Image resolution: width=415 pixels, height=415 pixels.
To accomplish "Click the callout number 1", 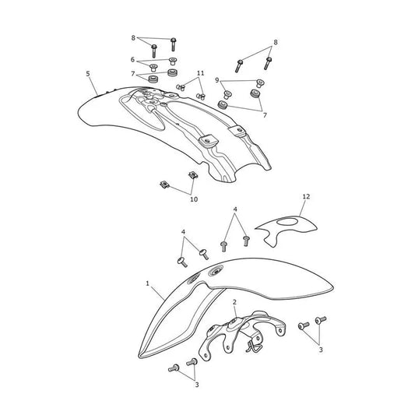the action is pos(147,283).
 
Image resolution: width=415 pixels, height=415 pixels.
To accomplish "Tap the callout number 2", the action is pos(234,302).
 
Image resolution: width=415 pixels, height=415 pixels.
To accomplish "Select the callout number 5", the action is pos(88,73).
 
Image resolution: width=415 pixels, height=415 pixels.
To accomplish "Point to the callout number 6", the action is pos(132,59).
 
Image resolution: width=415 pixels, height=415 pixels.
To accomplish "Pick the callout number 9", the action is pos(217,80).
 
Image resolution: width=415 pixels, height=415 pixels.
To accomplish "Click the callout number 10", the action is pos(194,199).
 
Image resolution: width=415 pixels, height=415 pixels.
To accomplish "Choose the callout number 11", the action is pos(201,73).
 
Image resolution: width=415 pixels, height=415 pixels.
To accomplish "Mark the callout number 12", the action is pos(306,197).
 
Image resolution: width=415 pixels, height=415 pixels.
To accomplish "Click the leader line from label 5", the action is pos(93,86).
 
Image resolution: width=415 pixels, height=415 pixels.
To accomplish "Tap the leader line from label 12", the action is pos(303,208).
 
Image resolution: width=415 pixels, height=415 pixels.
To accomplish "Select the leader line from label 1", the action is pos(157,293).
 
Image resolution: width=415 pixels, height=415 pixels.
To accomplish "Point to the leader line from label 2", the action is pos(235,311).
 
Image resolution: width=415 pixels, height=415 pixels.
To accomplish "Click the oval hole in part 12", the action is pos(287,222).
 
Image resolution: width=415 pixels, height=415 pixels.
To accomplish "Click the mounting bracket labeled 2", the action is pos(242,334).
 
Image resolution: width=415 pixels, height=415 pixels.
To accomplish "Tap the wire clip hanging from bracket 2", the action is pos(252,346).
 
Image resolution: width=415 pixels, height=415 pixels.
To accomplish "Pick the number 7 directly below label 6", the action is pos(133,73).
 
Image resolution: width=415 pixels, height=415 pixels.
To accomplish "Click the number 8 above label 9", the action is pos(276,42).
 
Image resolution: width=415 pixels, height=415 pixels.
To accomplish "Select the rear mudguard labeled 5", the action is pos(174,132).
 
